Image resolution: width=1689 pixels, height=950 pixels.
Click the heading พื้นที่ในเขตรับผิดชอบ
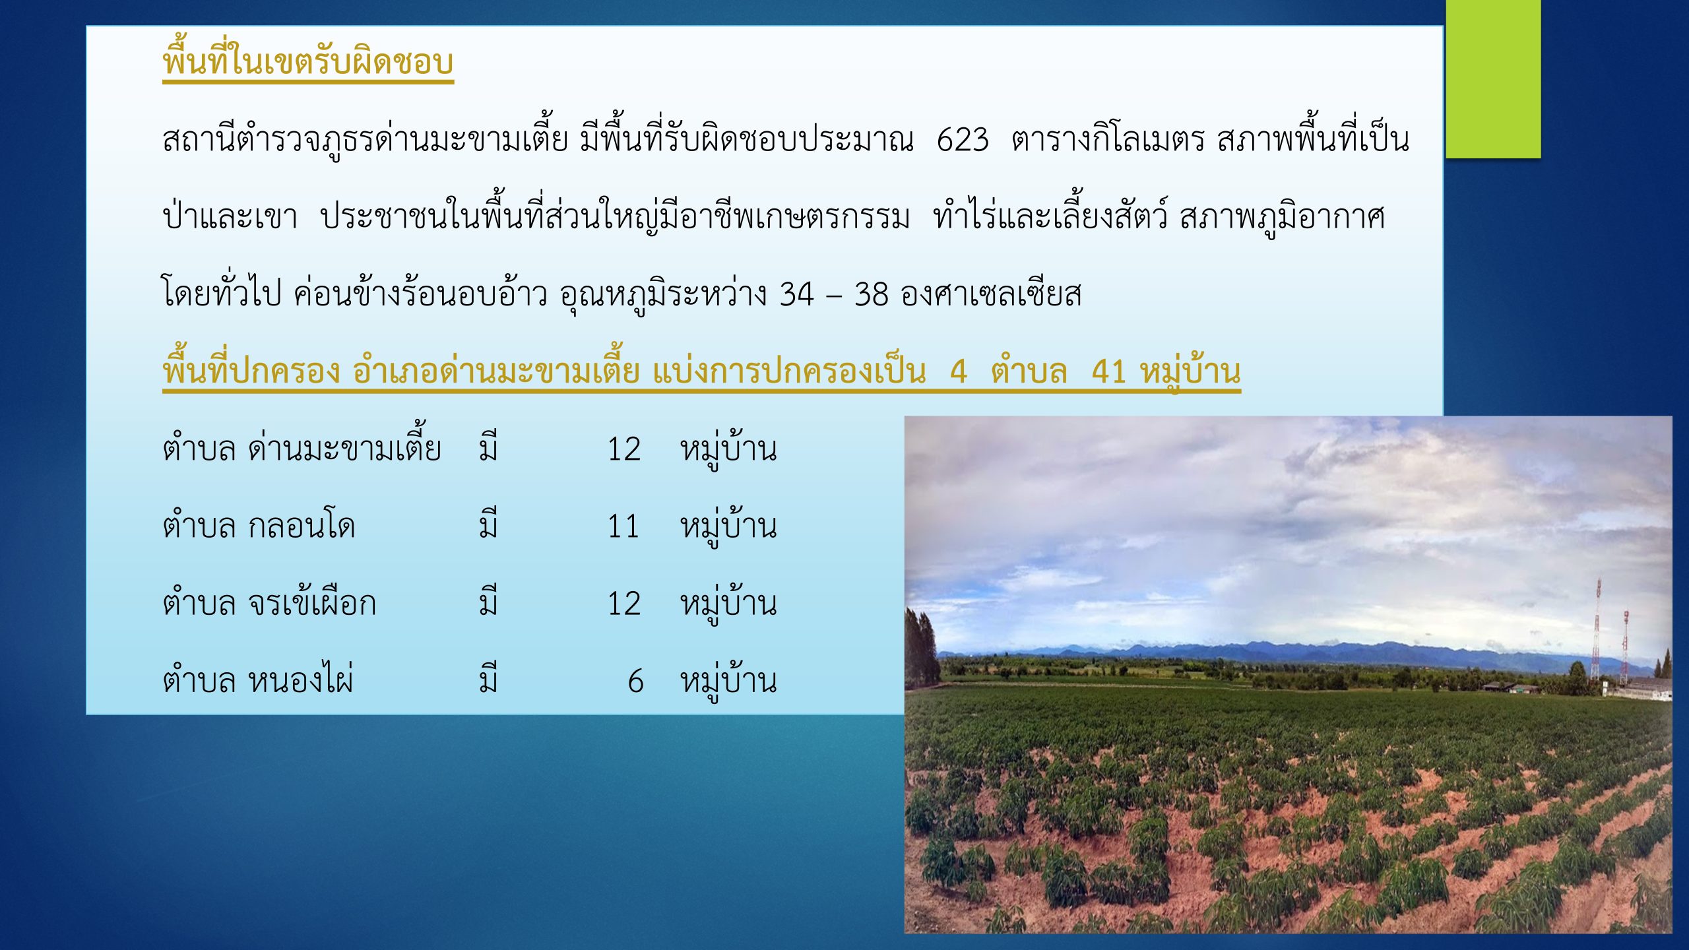click(308, 61)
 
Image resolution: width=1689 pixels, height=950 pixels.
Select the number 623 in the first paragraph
click(963, 140)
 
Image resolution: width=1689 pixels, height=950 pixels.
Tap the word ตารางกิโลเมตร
click(1108, 140)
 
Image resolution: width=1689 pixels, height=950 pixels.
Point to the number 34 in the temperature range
click(796, 294)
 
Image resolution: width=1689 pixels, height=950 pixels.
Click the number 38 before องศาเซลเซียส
click(872, 294)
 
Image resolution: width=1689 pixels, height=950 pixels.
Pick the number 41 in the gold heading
click(1108, 371)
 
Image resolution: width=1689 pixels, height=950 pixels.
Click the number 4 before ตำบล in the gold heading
click(959, 371)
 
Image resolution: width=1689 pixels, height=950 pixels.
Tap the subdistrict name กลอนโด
click(302, 526)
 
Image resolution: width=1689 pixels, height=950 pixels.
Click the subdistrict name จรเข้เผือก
click(312, 602)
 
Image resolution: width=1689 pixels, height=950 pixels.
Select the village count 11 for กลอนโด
click(623, 526)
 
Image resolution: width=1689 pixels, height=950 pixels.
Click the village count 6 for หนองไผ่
click(635, 681)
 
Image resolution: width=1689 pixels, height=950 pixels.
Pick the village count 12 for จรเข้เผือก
click(623, 604)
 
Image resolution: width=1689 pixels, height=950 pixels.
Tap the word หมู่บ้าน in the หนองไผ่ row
click(728, 680)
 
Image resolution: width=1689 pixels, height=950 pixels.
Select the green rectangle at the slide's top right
click(1494, 79)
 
